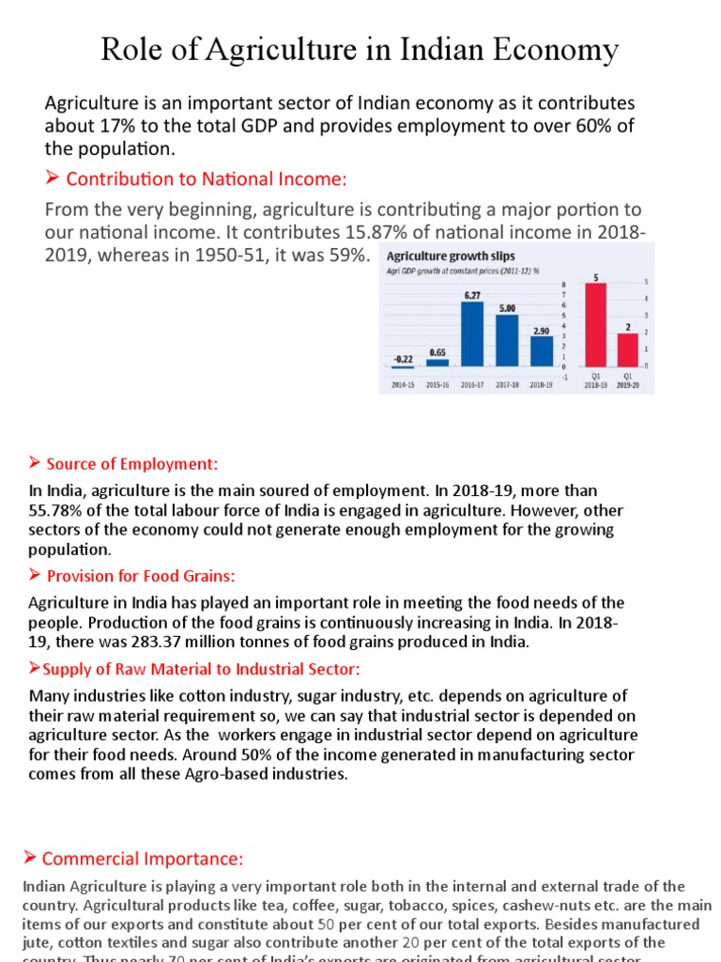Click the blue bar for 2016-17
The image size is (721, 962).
click(x=472, y=333)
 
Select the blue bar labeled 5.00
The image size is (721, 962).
click(x=507, y=339)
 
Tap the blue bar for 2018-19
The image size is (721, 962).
click(x=542, y=349)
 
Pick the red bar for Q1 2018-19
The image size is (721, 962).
click(x=596, y=324)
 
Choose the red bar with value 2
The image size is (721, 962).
click(x=627, y=349)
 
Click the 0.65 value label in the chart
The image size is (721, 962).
click(x=437, y=352)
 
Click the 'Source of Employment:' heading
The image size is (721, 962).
click(x=131, y=463)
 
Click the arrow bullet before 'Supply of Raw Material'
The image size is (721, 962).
click(x=35, y=668)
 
